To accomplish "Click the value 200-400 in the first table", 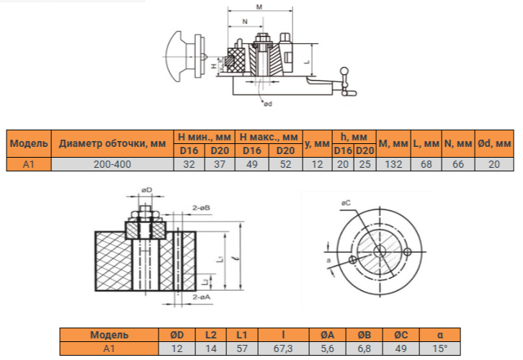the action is click(x=112, y=164).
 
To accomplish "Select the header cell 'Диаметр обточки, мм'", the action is click(x=112, y=144).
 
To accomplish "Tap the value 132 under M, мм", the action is click(x=393, y=164).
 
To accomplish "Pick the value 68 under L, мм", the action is click(x=426, y=164).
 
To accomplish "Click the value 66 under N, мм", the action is click(x=458, y=164).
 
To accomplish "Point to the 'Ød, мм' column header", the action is click(x=494, y=144).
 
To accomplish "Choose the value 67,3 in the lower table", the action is click(x=284, y=348).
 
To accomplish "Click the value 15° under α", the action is click(x=440, y=348).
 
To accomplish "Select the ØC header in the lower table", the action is click(x=401, y=335).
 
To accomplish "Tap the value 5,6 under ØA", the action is click(x=328, y=348).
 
